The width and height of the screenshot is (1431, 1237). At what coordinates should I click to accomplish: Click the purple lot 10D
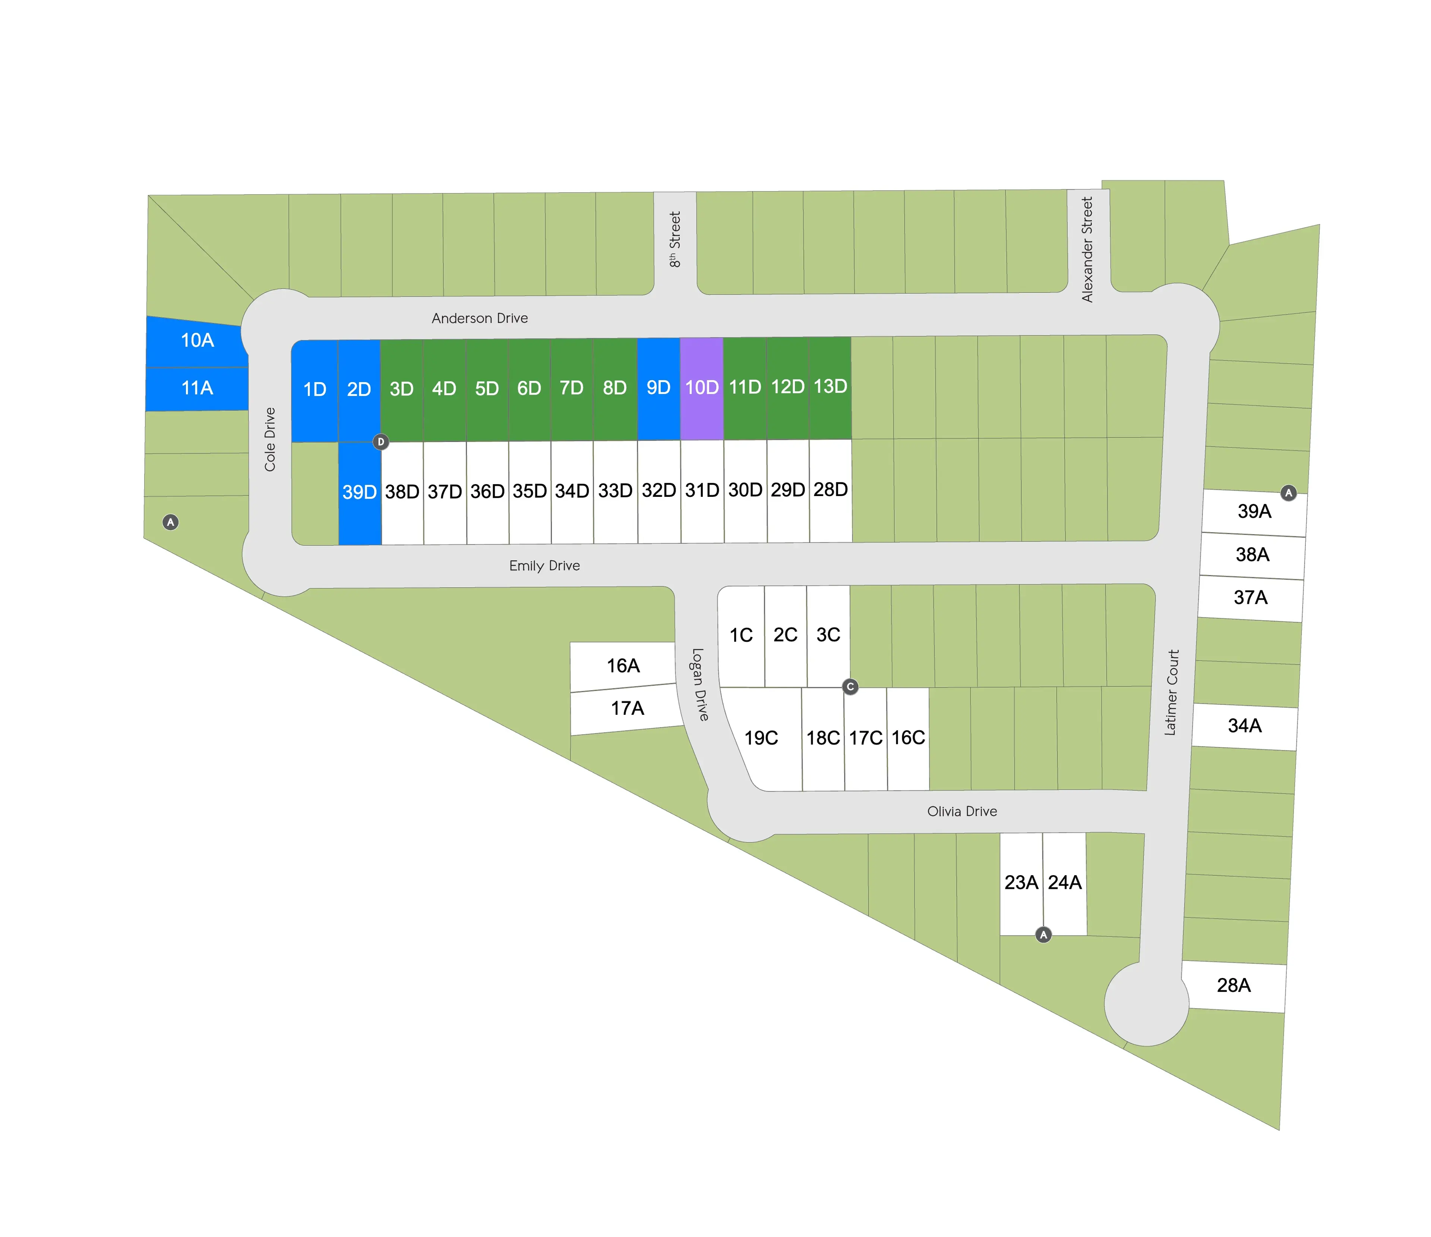702,388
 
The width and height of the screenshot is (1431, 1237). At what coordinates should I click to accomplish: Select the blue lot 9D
658,388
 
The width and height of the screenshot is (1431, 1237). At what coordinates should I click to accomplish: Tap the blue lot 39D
359,492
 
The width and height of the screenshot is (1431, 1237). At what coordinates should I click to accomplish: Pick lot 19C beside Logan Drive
761,738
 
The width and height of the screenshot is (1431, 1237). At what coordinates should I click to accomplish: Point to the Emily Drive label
544,566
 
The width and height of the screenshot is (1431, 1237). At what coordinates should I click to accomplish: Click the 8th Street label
675,240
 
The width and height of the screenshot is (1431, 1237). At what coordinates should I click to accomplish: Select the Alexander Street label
1088,249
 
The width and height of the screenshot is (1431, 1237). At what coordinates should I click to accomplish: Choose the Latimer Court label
1172,692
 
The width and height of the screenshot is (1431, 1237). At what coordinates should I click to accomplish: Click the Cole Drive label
270,439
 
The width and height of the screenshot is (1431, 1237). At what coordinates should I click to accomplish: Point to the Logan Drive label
699,684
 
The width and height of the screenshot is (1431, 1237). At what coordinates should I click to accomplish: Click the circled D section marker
380,442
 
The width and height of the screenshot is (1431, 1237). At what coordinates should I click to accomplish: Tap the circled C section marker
850,687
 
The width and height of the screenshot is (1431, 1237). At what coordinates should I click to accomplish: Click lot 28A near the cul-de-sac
1233,985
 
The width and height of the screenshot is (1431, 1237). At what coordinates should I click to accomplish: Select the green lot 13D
830,387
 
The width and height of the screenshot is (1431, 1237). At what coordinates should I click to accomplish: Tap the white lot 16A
623,666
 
